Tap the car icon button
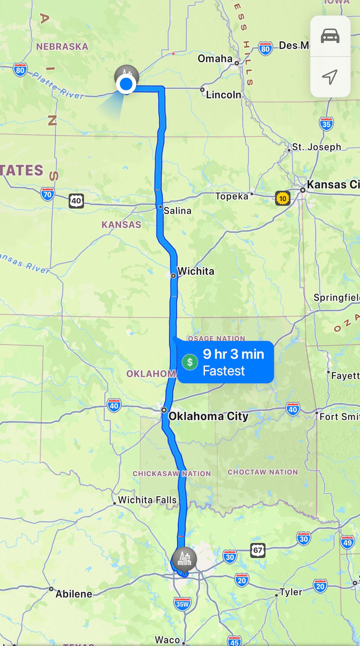pos(330,36)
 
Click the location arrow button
pos(330,77)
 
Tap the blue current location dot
pos(126,84)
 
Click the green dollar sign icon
pos(190,362)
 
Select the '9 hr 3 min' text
pos(233,354)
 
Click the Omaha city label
pos(215,58)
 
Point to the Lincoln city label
pos(223,95)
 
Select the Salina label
pos(177,211)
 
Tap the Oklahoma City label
pos(208,416)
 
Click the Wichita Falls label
pos(147,500)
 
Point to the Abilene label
pos(74,594)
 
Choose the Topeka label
pos(232,196)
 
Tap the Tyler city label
pos(290,592)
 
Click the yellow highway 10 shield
pos(282,198)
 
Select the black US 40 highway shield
pos(76,201)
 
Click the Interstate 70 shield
pos(47,194)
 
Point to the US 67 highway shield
pos(258,550)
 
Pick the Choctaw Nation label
pos(263,472)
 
